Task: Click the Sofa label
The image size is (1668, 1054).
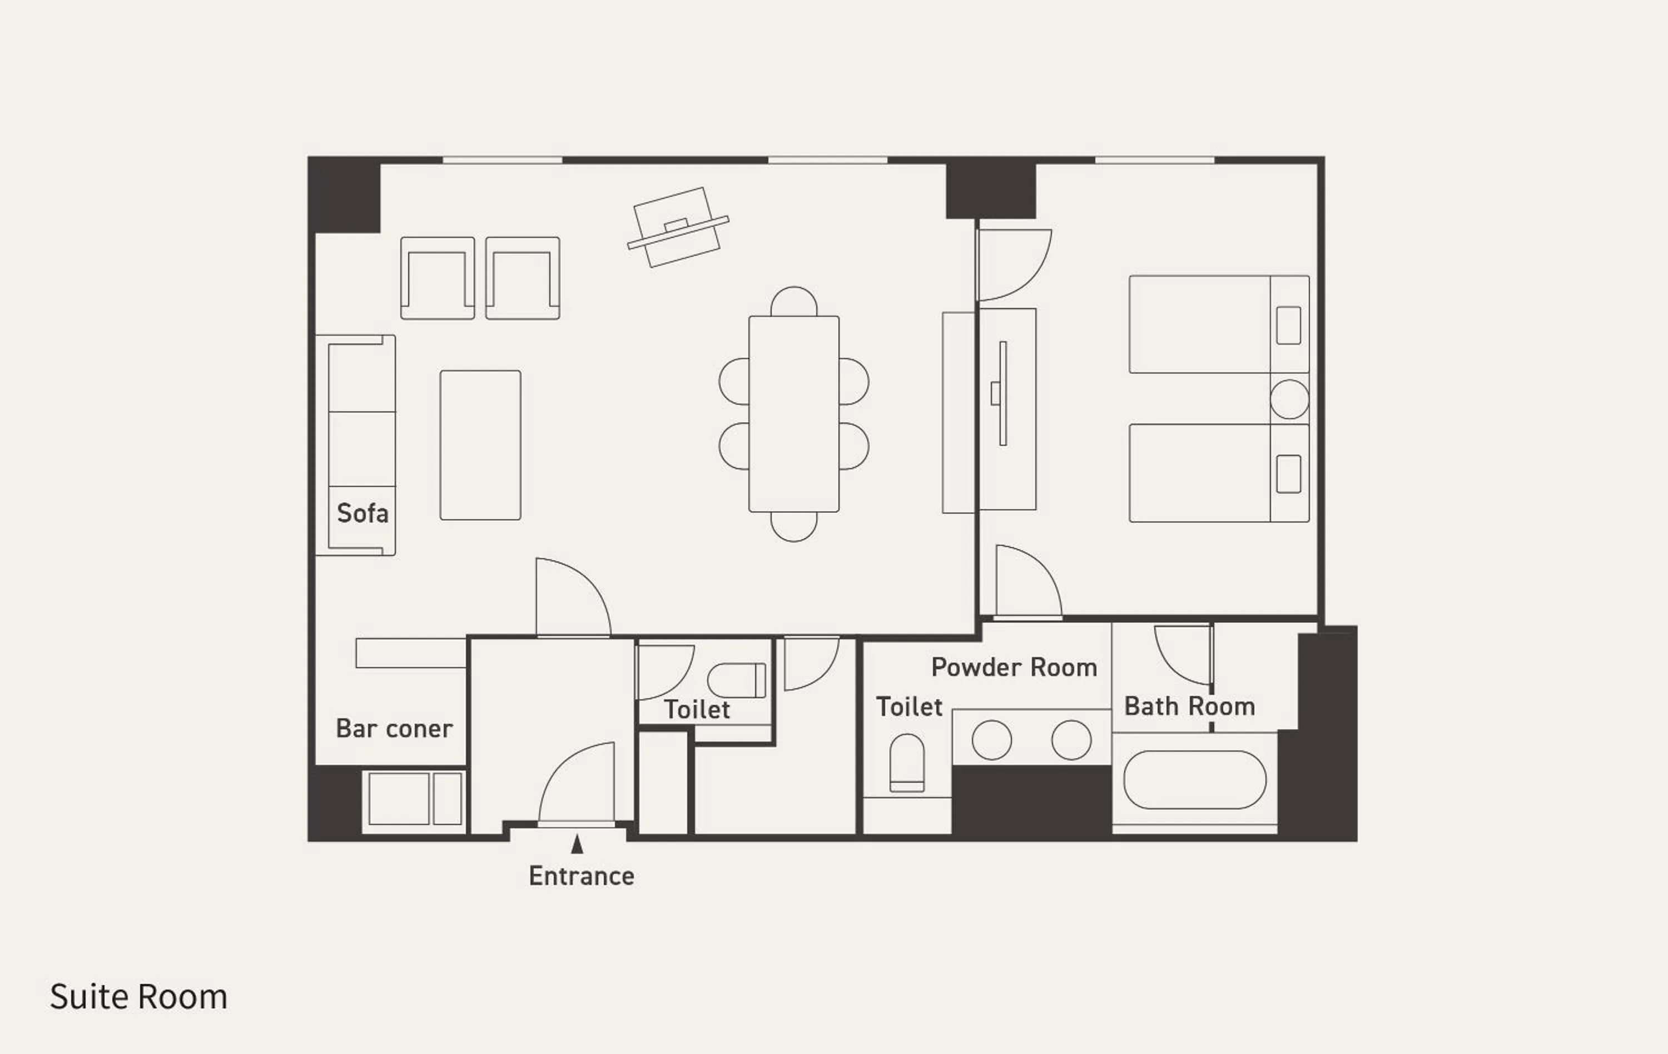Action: [363, 513]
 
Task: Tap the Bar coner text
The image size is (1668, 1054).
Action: [394, 729]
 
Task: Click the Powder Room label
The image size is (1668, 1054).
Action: [1014, 668]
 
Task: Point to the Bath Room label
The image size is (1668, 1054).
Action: [1189, 707]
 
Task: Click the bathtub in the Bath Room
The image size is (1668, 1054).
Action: [1194, 780]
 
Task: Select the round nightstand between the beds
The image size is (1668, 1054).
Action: [1289, 399]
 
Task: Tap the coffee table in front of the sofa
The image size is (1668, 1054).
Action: [480, 445]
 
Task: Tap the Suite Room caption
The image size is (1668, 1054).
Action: [138, 997]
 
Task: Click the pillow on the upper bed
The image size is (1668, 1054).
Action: [1288, 325]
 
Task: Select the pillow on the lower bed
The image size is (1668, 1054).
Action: [1288, 474]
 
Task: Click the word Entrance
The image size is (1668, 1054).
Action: [581, 876]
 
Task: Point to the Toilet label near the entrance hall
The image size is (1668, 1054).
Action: [697, 710]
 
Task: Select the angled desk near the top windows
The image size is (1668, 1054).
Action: [677, 227]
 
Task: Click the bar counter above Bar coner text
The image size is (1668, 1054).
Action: [410, 653]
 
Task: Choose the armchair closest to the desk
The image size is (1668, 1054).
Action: [522, 278]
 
